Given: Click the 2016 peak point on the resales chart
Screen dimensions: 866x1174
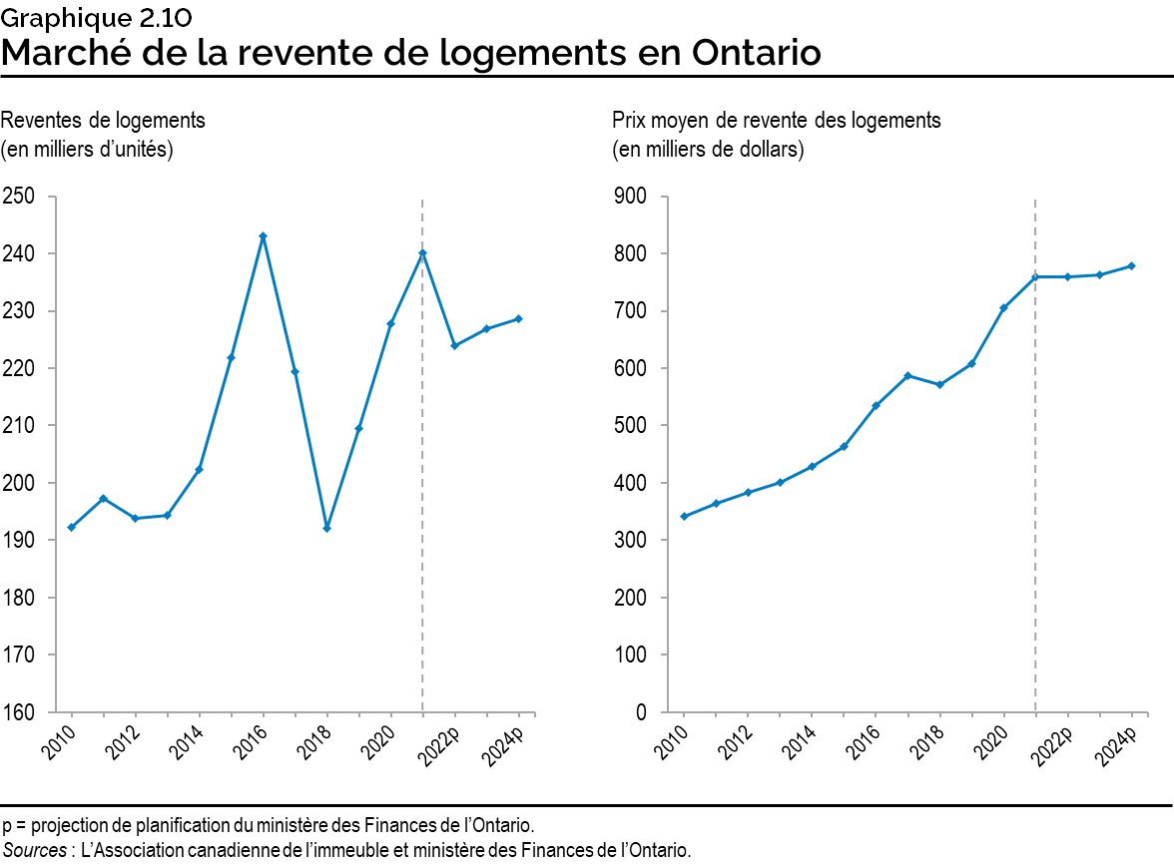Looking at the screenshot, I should coord(263,236).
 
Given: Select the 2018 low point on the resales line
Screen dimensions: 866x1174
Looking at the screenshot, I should coord(326,528).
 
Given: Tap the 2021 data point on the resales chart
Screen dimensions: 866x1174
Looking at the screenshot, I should coord(422,253).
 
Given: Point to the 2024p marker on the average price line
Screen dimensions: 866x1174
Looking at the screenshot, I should coord(1132,265).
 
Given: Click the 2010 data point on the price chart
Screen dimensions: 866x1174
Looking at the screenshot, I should coord(684,516).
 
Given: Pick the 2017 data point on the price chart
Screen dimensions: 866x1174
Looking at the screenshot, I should coord(907,375).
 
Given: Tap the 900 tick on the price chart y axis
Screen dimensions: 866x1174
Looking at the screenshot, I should coord(631,197).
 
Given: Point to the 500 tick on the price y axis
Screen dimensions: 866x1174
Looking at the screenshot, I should coord(631,426).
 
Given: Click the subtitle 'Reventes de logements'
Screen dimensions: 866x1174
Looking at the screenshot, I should coord(103,121).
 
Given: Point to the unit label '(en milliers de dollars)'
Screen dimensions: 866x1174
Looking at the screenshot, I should coord(708,151).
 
